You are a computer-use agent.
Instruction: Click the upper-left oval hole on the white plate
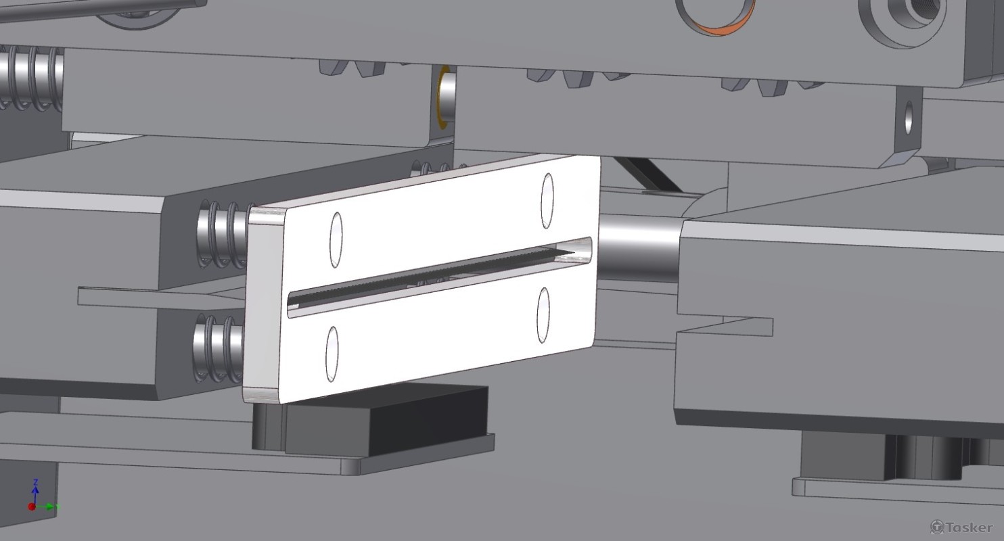336,240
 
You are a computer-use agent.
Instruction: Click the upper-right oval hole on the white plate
547,201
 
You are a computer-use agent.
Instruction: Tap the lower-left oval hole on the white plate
332,354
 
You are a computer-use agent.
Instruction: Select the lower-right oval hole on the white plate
543,315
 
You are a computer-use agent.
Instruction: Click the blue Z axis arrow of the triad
35,492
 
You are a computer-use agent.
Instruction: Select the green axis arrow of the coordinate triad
47,507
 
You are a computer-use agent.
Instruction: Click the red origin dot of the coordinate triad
32,507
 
